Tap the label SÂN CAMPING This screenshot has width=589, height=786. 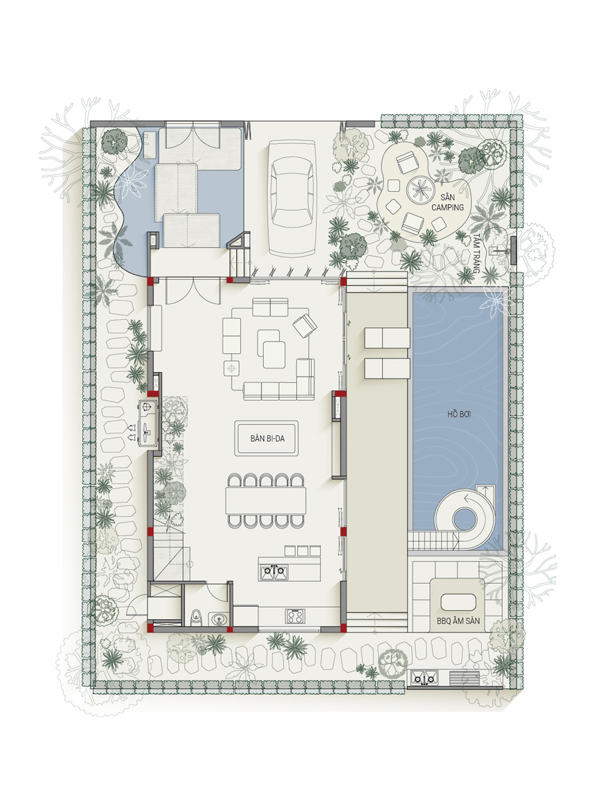448,202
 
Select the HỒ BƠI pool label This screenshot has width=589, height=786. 459,415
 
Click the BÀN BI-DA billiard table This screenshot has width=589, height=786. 266,438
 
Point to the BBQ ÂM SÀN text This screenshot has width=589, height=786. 458,621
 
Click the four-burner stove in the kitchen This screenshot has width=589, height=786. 296,616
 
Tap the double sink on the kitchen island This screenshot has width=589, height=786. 274,572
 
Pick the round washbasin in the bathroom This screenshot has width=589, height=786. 217,619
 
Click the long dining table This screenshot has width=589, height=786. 266,500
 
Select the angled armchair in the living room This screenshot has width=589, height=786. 305,325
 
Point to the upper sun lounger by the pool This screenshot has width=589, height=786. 388,337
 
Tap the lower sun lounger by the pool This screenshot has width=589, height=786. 388,369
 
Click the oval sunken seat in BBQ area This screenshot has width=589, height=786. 458,603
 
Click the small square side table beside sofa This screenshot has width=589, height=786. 231,368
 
